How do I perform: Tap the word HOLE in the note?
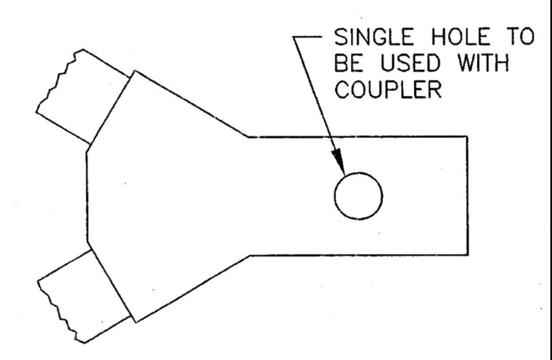(x=461, y=37)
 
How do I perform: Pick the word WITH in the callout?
(x=483, y=63)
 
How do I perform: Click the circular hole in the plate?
(x=358, y=196)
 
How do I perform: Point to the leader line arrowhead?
(x=338, y=162)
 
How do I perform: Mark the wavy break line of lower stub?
(x=61, y=312)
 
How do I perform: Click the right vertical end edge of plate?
(x=468, y=196)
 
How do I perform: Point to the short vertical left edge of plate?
(x=87, y=197)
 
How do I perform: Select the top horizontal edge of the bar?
(x=357, y=136)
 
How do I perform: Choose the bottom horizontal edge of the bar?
(x=358, y=255)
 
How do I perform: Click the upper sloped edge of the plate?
(x=190, y=103)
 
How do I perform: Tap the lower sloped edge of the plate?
(x=193, y=288)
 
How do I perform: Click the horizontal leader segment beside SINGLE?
(x=307, y=36)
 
